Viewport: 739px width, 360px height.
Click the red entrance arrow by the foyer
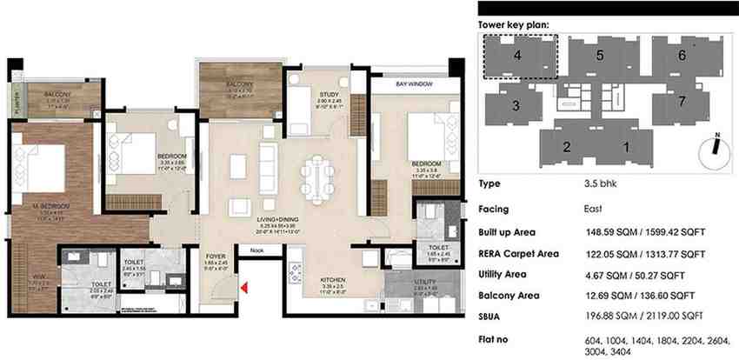(247, 288)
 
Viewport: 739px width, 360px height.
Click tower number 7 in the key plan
(682, 102)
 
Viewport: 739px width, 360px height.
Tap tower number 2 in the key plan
(566, 146)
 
